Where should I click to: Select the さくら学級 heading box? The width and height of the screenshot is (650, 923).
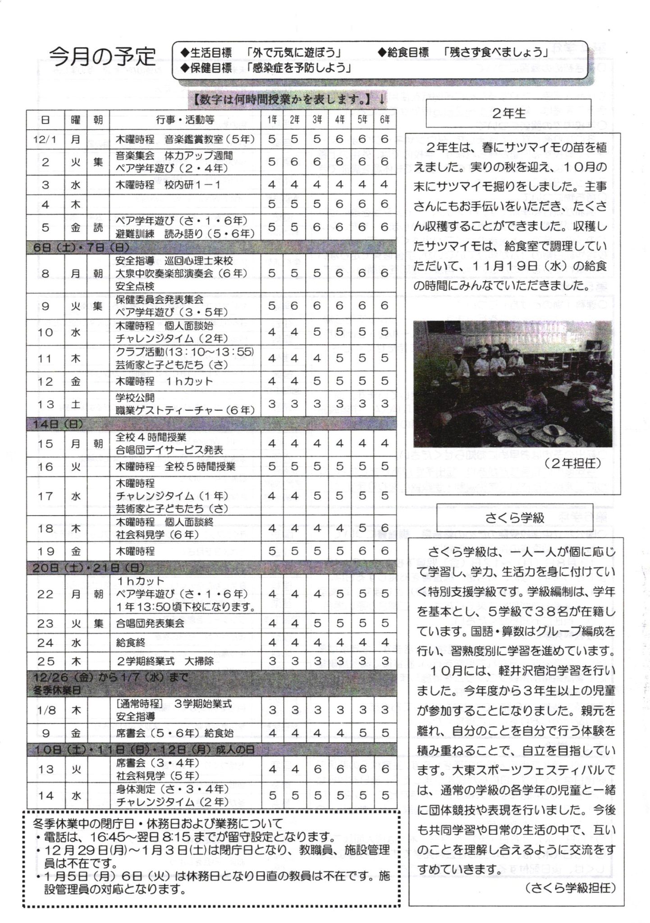[x=515, y=517]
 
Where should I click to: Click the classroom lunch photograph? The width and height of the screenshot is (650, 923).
[x=513, y=384]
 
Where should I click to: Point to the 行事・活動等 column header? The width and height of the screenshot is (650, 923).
[x=185, y=120]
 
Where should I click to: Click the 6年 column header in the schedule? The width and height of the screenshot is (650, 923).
[x=384, y=120]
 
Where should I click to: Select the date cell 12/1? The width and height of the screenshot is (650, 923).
[x=45, y=140]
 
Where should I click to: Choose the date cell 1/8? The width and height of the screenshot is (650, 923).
[x=45, y=710]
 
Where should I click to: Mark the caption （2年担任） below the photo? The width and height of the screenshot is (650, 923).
[x=572, y=463]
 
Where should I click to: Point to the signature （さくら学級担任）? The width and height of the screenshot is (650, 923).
[x=570, y=888]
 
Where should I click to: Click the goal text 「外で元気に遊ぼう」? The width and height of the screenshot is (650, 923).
[x=294, y=53]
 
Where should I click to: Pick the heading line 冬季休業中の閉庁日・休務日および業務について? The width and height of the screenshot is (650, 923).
[x=158, y=823]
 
